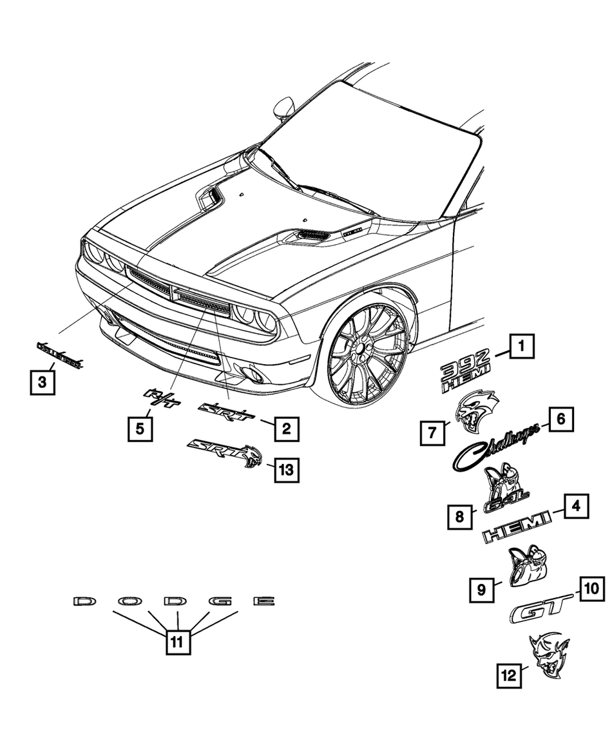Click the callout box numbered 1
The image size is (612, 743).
[522, 349]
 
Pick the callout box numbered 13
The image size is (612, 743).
[286, 470]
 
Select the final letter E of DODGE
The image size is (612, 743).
[263, 601]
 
